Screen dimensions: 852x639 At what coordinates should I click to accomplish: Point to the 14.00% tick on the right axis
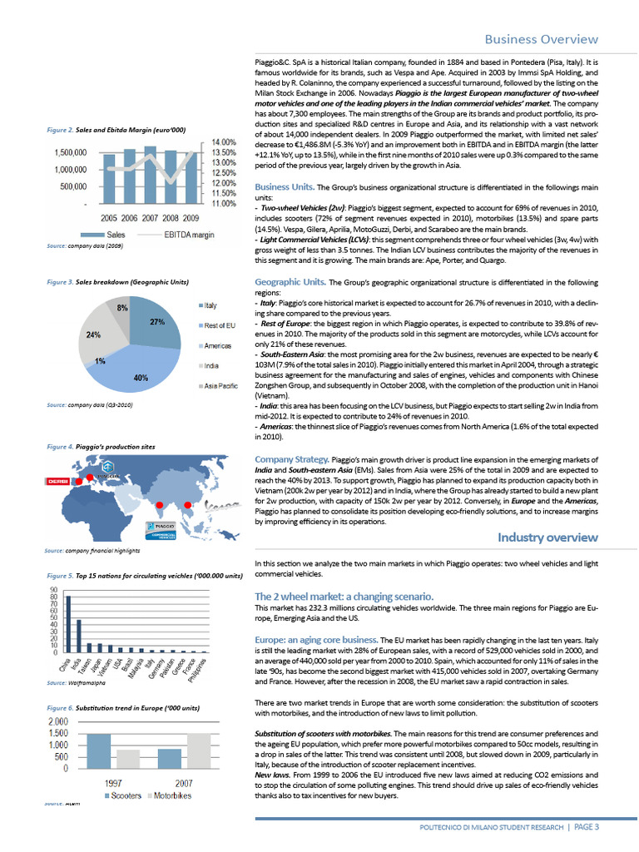click(x=225, y=143)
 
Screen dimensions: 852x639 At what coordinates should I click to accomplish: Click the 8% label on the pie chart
click(x=121, y=309)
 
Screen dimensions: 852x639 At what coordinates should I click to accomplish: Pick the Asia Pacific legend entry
click(x=220, y=387)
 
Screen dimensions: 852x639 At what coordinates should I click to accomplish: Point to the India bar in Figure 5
click(x=79, y=636)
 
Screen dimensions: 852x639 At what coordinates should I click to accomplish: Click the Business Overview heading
click(x=541, y=39)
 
